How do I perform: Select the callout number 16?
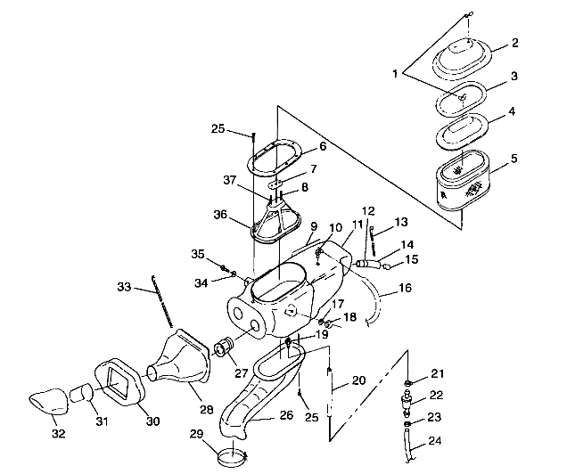pos(407,289)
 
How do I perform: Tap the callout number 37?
pos(231,179)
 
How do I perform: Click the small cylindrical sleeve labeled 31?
pos(81,391)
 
